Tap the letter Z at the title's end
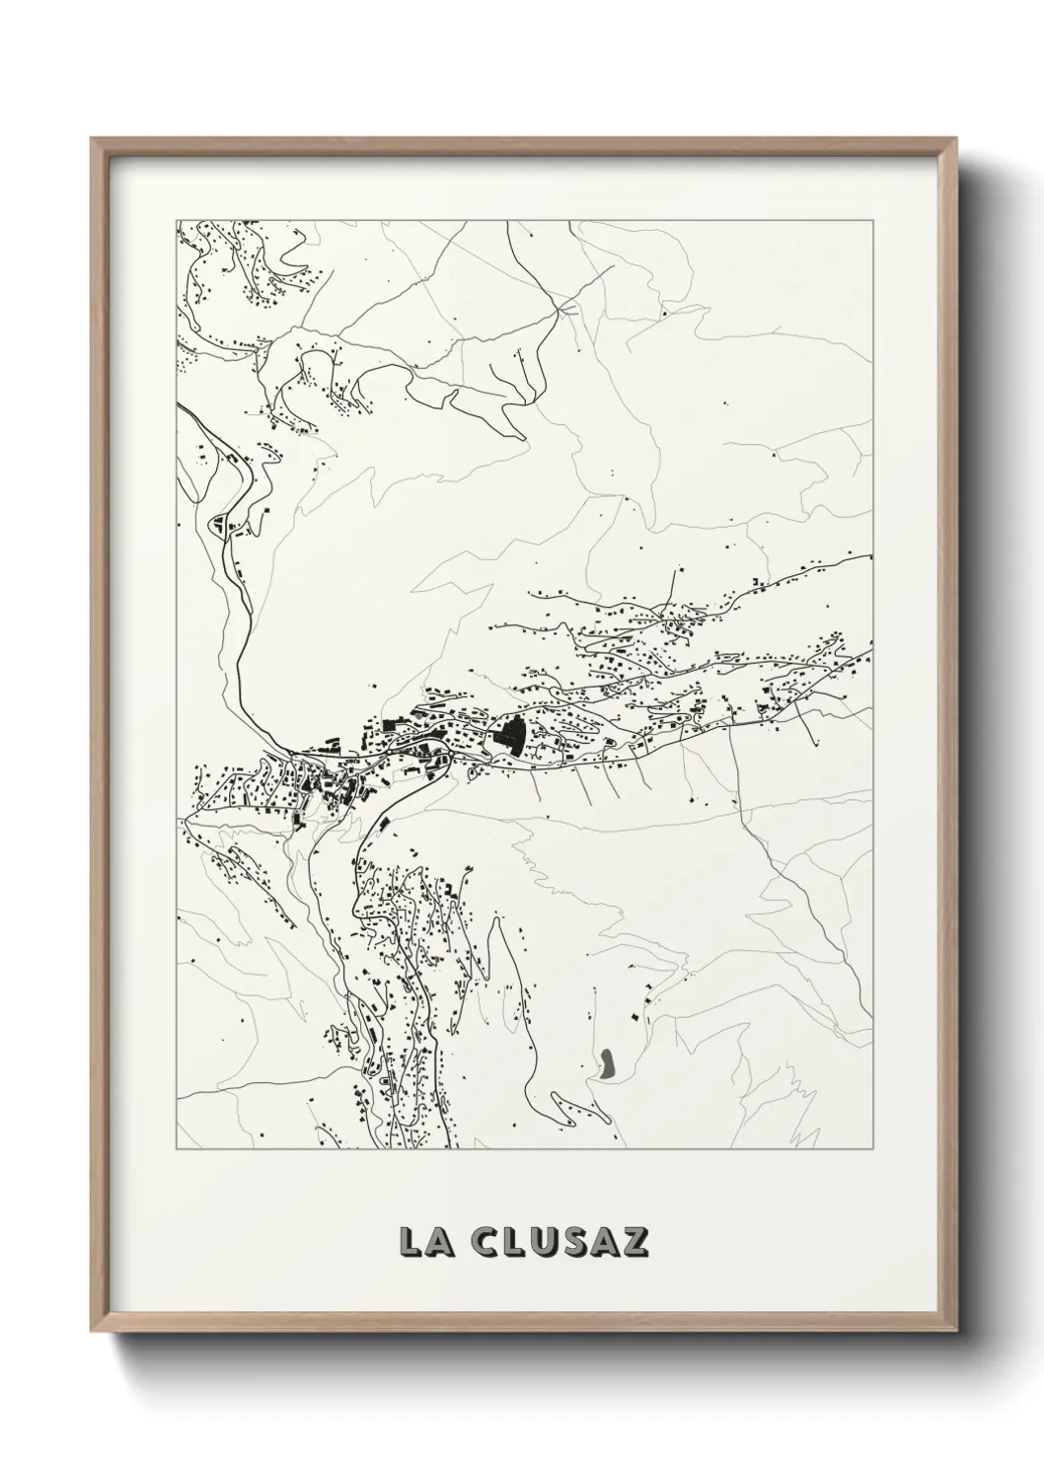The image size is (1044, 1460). tap(635, 1242)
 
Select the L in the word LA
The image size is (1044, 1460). tap(408, 1242)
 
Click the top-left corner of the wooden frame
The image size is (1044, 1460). tap(92, 139)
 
